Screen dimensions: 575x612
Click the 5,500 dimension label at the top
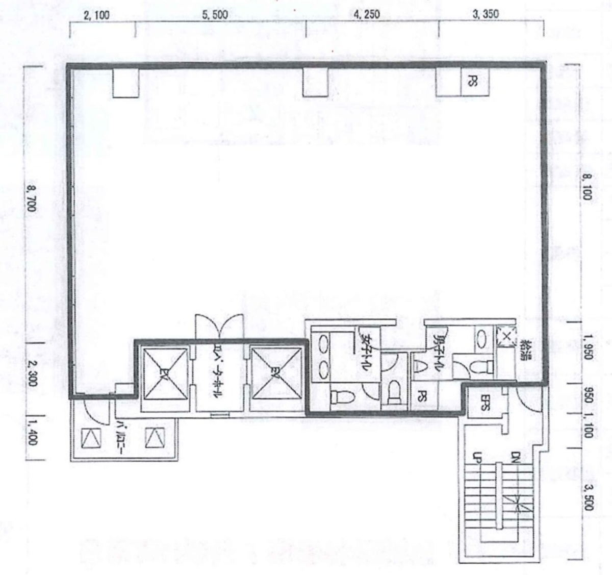click(215, 15)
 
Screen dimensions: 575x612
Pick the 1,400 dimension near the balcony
click(32, 433)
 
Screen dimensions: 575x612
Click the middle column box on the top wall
click(316, 82)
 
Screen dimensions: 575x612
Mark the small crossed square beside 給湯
click(506, 337)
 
